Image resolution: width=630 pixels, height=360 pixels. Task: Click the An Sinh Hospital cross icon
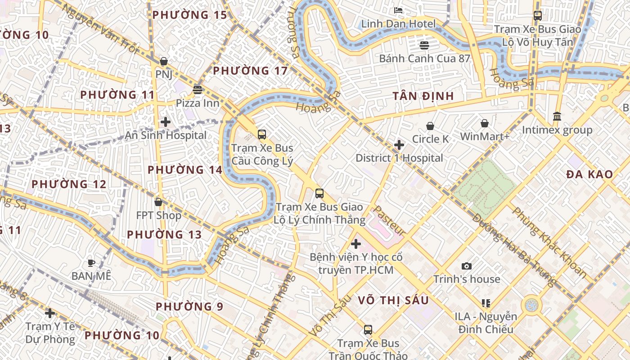[166, 121]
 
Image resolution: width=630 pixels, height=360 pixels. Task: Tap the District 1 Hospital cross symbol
[399, 145]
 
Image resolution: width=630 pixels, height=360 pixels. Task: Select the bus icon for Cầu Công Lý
[261, 134]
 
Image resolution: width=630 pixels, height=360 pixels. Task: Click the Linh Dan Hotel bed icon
[398, 10]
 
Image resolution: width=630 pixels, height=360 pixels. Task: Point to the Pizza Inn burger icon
[197, 90]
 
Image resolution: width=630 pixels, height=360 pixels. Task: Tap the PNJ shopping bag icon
[164, 61]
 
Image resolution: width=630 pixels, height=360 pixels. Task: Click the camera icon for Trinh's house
[467, 266]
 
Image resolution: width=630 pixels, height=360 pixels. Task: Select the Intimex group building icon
[557, 116]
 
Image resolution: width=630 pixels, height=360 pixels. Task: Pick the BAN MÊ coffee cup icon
[91, 262]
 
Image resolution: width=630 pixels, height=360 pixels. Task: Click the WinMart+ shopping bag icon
[485, 123]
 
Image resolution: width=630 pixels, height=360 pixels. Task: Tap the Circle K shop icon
[430, 126]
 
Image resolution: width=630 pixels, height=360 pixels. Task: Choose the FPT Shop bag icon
[158, 202]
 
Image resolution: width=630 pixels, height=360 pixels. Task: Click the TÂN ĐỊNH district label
[423, 96]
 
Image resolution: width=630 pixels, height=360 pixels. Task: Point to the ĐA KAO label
[589, 174]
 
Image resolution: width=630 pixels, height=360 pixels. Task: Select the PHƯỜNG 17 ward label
[250, 71]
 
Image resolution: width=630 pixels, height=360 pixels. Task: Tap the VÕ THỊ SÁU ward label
[393, 300]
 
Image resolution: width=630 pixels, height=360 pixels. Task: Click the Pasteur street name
[390, 220]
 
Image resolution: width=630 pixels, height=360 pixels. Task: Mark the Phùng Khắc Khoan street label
[549, 242]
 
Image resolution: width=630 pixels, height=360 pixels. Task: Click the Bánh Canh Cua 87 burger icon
[424, 45]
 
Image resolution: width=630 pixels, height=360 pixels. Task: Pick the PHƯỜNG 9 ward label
[189, 306]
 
